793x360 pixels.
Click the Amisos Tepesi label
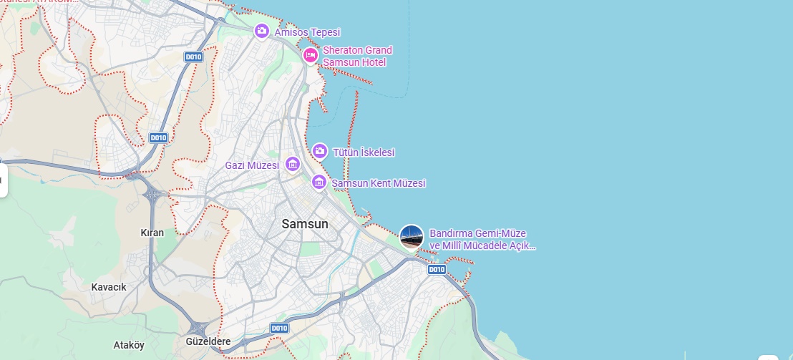[307, 32]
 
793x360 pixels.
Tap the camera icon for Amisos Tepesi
[261, 31]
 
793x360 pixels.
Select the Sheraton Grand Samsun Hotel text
[357, 57]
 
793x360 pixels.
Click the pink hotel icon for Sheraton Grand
[310, 55]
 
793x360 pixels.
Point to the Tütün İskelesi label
[364, 152]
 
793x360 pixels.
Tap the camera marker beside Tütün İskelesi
[319, 151]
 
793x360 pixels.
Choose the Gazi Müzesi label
[252, 165]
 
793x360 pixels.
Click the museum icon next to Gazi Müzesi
[292, 165]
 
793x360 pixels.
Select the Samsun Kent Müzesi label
[378, 183]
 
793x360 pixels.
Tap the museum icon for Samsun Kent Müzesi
[319, 183]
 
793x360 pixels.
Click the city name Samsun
[305, 224]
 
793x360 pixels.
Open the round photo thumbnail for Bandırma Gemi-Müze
[412, 237]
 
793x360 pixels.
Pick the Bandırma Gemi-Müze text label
[482, 240]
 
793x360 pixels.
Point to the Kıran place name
[152, 233]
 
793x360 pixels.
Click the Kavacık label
[109, 287]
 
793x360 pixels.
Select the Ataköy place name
[129, 345]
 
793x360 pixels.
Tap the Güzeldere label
[208, 341]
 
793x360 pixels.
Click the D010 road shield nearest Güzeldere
[279, 328]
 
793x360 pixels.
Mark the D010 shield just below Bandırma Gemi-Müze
[436, 270]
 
